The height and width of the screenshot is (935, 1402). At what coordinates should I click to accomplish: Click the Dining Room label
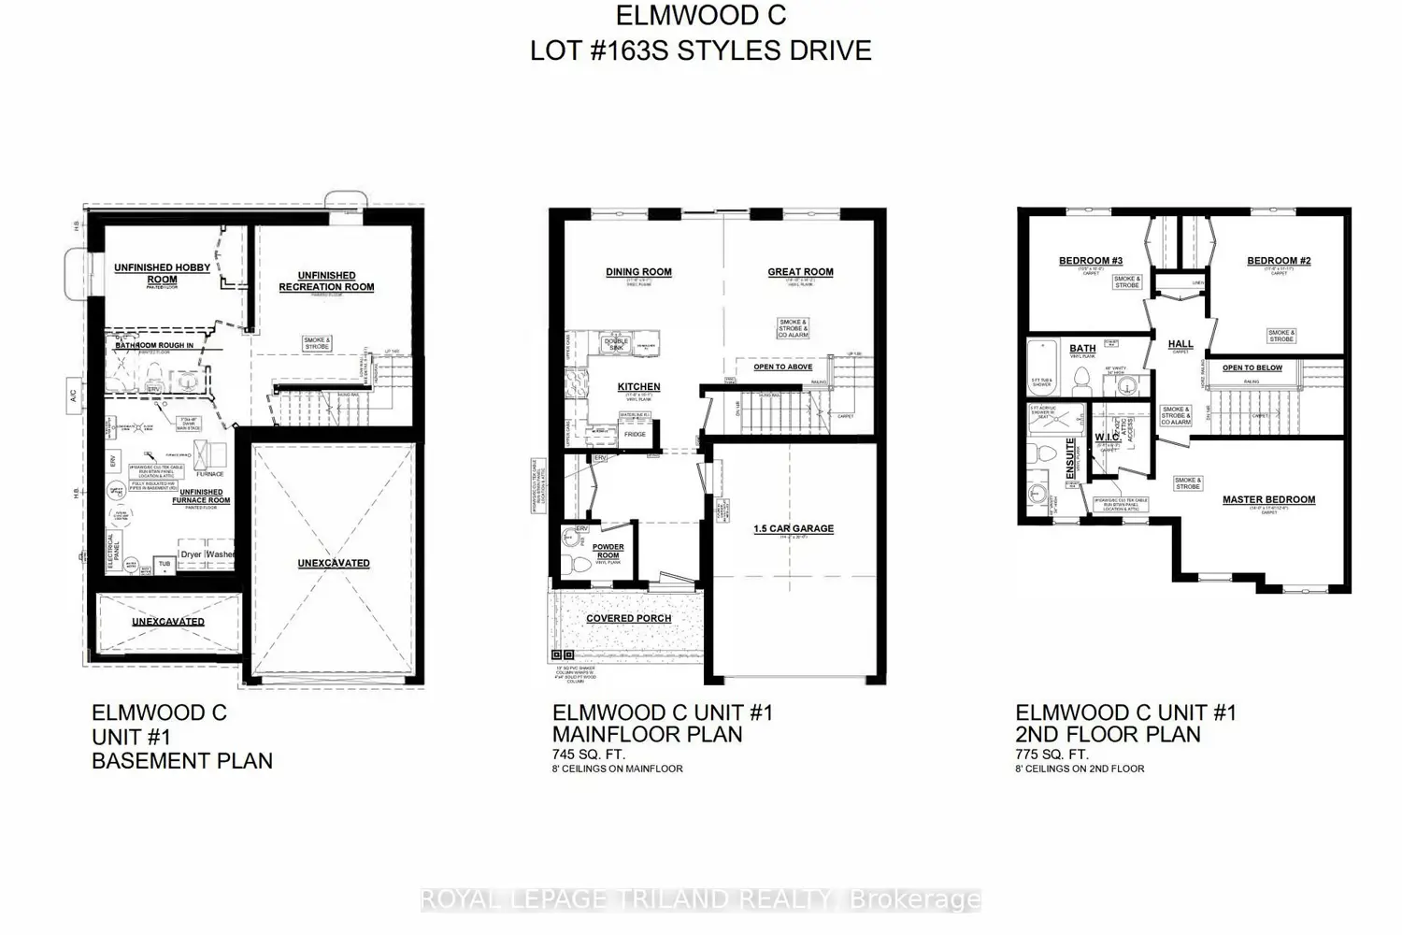[638, 272]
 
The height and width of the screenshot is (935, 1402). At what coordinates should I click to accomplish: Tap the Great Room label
[800, 272]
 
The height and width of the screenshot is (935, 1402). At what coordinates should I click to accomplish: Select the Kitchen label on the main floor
[639, 387]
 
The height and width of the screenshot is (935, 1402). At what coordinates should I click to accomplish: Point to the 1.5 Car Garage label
[794, 528]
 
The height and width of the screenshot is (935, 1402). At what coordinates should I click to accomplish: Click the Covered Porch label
[628, 618]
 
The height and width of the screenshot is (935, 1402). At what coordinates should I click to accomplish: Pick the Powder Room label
[608, 552]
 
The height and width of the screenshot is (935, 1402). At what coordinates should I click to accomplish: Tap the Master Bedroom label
[1268, 500]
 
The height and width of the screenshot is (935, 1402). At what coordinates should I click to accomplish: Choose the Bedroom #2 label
[1279, 261]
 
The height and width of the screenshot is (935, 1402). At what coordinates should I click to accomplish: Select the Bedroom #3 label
[1090, 261]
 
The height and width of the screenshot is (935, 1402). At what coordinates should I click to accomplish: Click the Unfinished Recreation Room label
[326, 281]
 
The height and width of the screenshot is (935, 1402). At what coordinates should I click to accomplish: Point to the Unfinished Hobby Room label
[162, 273]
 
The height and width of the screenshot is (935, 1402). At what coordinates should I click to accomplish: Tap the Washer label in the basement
[221, 554]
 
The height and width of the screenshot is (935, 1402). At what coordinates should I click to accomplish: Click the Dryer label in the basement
[191, 554]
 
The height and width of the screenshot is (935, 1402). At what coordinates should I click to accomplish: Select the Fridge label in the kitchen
[635, 435]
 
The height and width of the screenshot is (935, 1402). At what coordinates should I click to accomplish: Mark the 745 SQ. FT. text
[589, 754]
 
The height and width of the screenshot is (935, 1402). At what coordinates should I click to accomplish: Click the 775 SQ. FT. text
[1051, 754]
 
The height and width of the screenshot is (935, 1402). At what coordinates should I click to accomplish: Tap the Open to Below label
[1252, 367]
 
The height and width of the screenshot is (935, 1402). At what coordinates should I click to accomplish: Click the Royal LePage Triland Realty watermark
[700, 899]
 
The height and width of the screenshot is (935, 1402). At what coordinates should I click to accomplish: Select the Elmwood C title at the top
[700, 16]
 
